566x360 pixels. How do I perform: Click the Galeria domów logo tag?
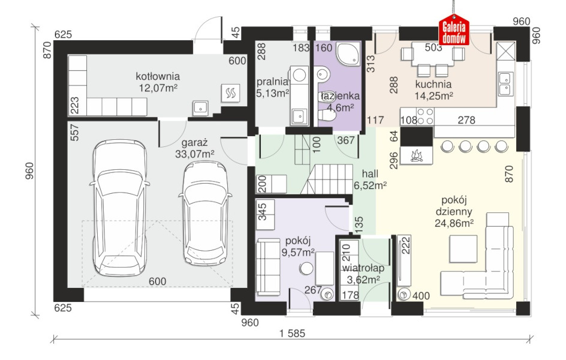point(454,30)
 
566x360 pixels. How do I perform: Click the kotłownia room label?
point(158,77)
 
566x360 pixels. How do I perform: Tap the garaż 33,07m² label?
point(194,148)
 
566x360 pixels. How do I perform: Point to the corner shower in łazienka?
point(348,55)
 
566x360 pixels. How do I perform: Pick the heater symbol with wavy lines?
point(231,94)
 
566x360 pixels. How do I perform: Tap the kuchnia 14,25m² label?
point(433,90)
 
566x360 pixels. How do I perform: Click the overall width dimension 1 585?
point(292,333)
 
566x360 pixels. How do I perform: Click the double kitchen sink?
point(505,83)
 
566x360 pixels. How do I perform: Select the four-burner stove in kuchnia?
point(425,116)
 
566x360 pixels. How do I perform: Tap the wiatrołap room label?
point(363,268)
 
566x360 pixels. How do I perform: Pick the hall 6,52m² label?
point(371,179)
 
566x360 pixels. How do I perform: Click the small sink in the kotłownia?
point(200,107)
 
